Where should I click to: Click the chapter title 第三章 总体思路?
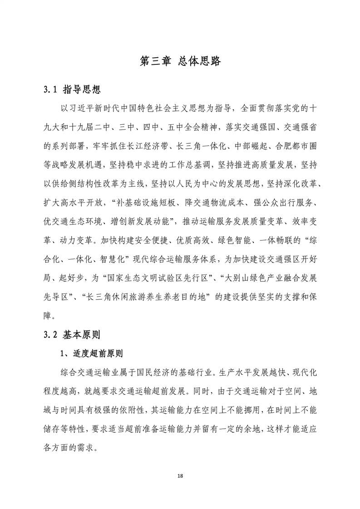coord(180,61)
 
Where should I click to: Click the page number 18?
coord(180,476)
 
